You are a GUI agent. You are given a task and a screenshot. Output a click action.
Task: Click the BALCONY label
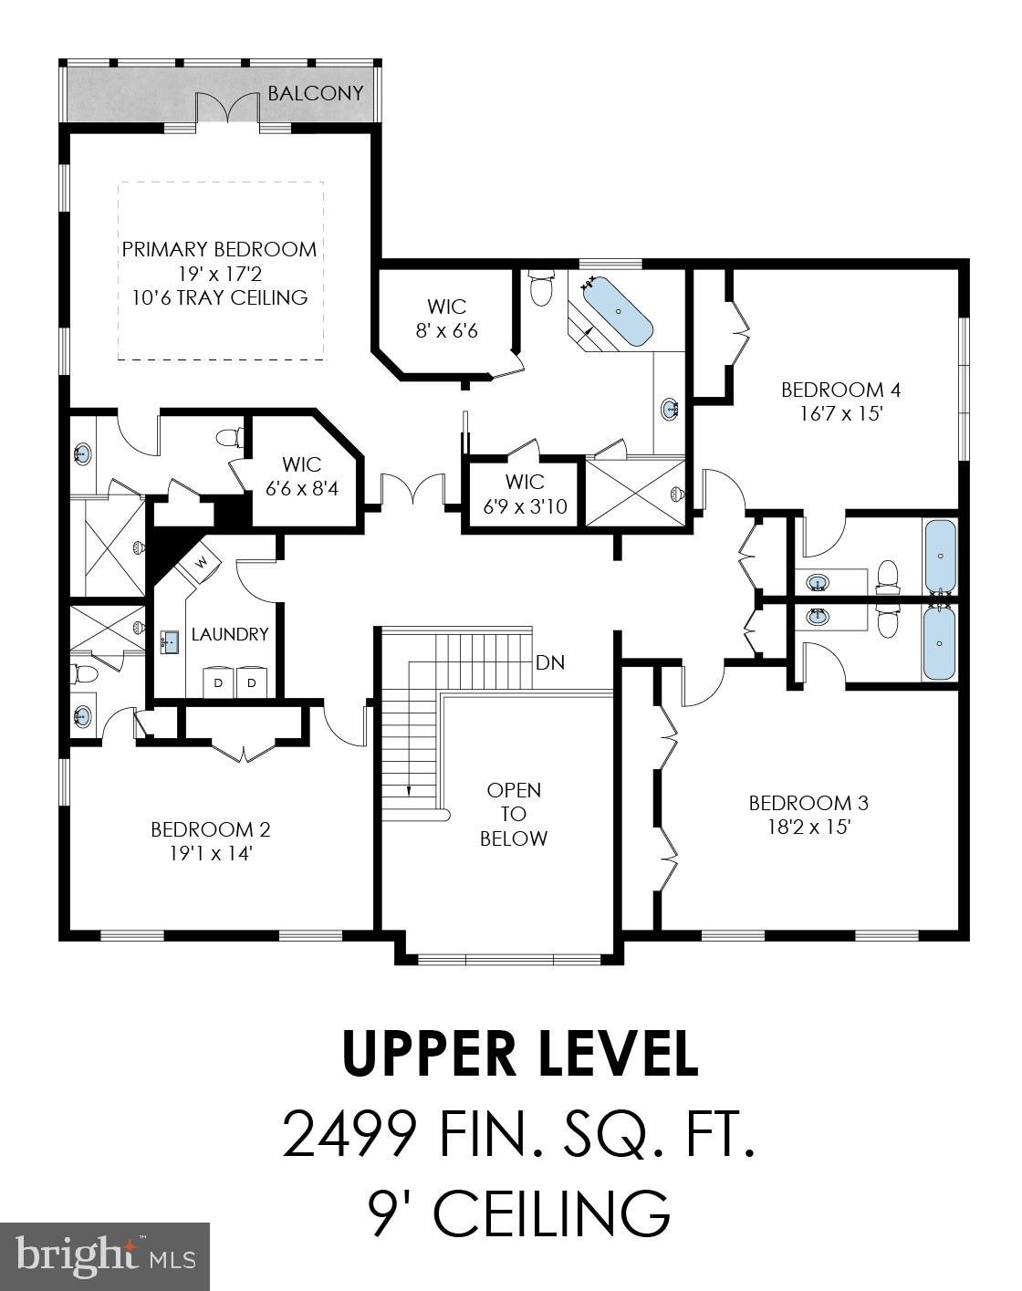pyautogui.click(x=315, y=93)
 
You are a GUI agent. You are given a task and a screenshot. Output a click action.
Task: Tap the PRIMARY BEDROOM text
pyautogui.click(x=219, y=249)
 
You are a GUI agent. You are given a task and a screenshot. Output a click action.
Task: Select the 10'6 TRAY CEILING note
pyautogui.click(x=219, y=297)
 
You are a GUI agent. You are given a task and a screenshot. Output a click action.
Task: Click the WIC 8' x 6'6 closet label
pyautogui.click(x=447, y=318)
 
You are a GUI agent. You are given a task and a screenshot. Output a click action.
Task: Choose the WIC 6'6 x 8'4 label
pyautogui.click(x=301, y=476)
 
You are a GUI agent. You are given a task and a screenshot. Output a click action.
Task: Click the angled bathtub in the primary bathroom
pyautogui.click(x=618, y=312)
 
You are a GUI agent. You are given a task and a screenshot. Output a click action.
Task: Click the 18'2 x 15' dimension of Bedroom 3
pyautogui.click(x=808, y=827)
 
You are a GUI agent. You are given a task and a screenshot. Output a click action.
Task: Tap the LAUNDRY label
pyautogui.click(x=229, y=634)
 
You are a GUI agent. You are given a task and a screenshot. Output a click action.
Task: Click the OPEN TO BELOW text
pyautogui.click(x=514, y=814)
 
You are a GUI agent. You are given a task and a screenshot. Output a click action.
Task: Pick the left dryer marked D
pyautogui.click(x=219, y=682)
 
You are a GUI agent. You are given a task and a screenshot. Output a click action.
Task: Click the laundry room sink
pyautogui.click(x=170, y=641)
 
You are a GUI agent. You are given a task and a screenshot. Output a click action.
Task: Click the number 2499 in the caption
pyautogui.click(x=350, y=1133)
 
